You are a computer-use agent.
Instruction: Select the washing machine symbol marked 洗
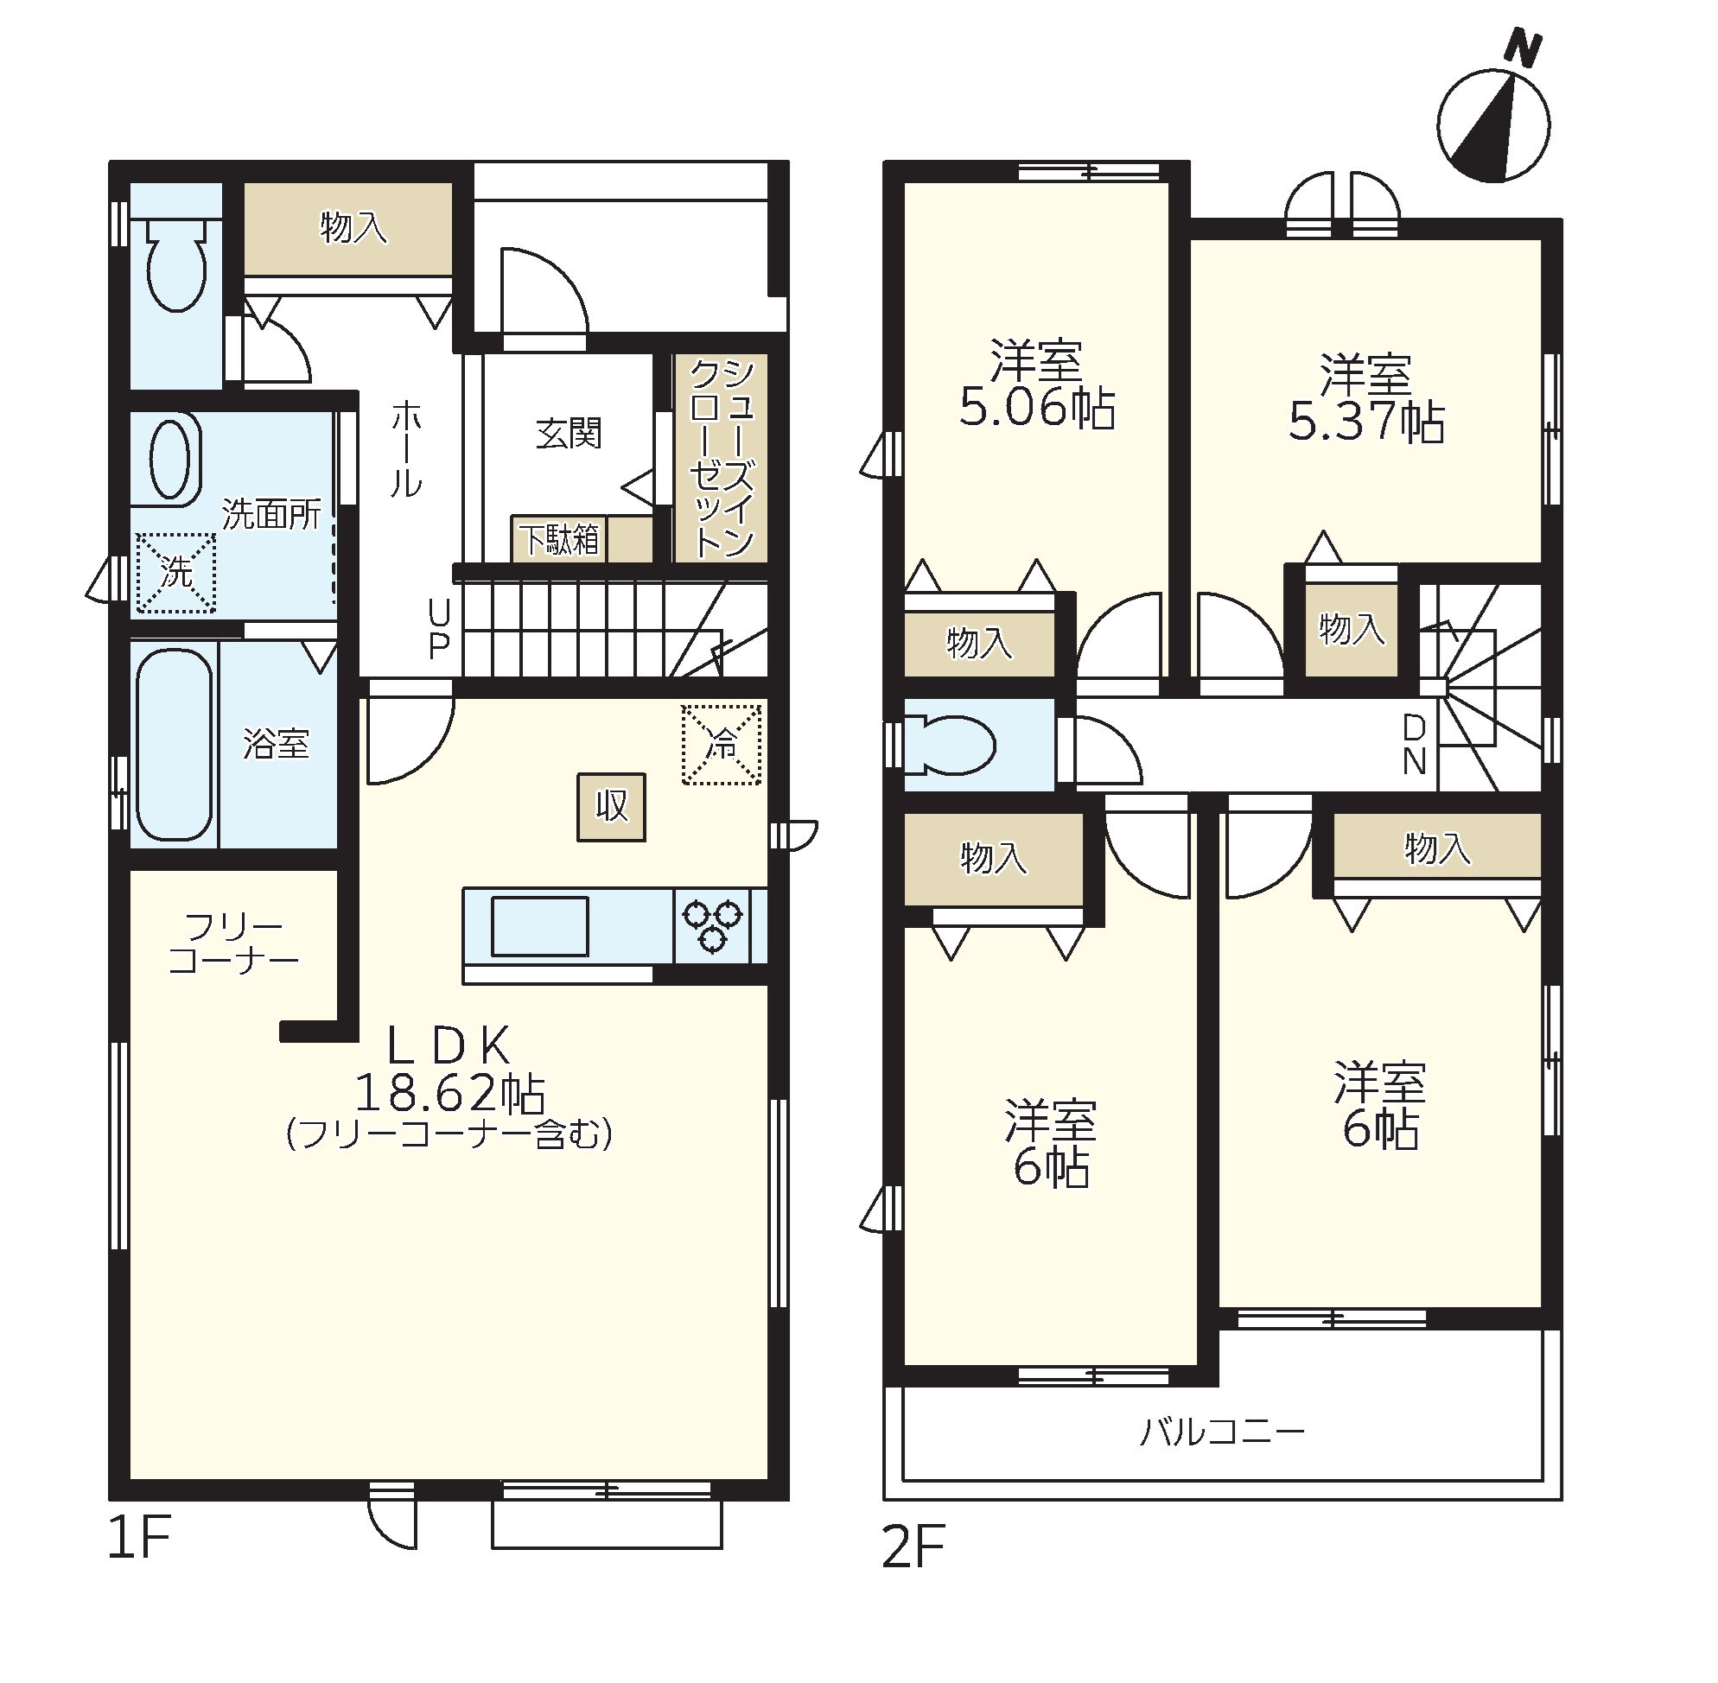click(x=176, y=572)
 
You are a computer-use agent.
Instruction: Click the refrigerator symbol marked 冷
click(x=721, y=744)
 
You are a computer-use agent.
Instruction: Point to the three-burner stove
click(x=712, y=925)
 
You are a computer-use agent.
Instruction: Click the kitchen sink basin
click(x=539, y=925)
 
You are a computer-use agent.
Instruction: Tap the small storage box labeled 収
click(x=611, y=807)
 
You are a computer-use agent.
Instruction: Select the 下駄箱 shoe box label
click(x=559, y=539)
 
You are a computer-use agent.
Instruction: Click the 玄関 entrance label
click(x=569, y=433)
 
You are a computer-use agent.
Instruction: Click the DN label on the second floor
click(x=1414, y=745)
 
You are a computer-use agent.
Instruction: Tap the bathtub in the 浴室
click(x=175, y=744)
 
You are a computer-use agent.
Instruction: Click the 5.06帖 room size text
click(x=1037, y=410)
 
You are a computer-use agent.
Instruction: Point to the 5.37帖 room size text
click(x=1367, y=422)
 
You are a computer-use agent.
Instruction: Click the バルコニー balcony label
click(x=1222, y=1431)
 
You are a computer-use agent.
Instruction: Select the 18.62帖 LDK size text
click(x=450, y=1094)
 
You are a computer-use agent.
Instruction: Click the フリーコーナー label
click(x=233, y=943)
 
